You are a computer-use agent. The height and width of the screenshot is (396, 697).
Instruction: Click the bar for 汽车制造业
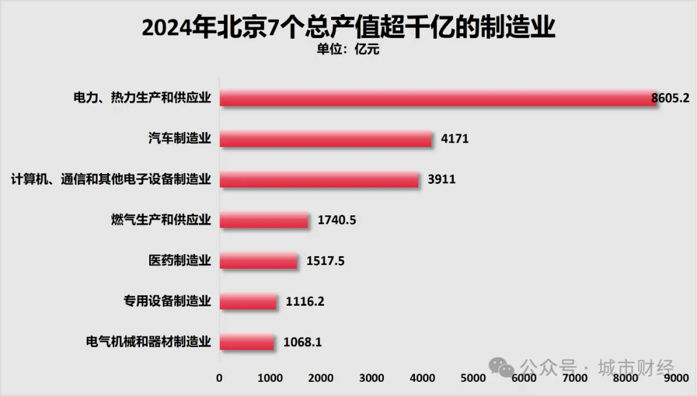pyautogui.click(x=326, y=139)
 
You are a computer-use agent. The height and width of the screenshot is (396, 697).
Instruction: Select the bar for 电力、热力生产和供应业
pyautogui.click(x=439, y=98)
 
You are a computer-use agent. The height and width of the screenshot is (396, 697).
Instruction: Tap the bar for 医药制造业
pyautogui.click(x=259, y=261)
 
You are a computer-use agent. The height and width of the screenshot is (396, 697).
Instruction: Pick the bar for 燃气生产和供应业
pyautogui.click(x=264, y=220)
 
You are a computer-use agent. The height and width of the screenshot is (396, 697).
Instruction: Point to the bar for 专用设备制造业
pyautogui.click(x=248, y=301)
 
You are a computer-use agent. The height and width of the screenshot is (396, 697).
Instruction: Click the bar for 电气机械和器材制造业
pyautogui.click(x=247, y=342)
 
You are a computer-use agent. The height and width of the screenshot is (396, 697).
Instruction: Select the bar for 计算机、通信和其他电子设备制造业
pyautogui.click(x=319, y=179)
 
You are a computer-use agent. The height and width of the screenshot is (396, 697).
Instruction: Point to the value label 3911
pyautogui.click(x=441, y=179)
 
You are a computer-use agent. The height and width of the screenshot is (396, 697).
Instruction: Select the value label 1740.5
pyautogui.click(x=337, y=220)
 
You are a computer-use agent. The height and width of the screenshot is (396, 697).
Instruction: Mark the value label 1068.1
pyautogui.click(x=302, y=342)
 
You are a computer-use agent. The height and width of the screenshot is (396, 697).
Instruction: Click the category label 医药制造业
pyautogui.click(x=179, y=261)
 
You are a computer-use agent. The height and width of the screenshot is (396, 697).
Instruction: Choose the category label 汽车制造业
pyautogui.click(x=179, y=139)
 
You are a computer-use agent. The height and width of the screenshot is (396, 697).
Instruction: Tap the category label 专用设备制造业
pyautogui.click(x=167, y=301)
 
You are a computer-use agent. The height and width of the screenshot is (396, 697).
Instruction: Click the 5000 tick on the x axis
pyautogui.click(x=474, y=377)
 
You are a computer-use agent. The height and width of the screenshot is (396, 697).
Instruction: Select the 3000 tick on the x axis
pyautogui.click(x=372, y=377)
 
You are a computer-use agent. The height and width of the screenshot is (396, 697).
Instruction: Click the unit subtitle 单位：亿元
pyautogui.click(x=348, y=50)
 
